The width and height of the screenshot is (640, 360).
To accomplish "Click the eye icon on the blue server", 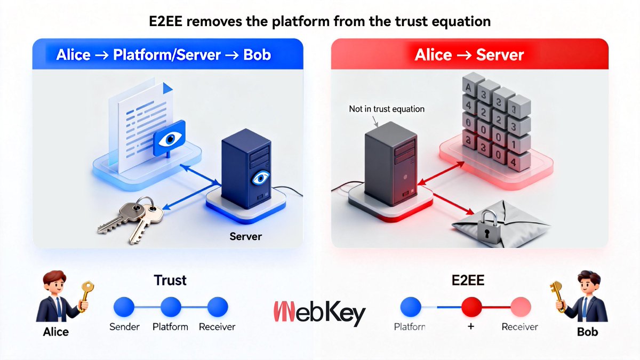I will coord(260,178).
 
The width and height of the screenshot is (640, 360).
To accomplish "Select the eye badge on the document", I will coord(169,139).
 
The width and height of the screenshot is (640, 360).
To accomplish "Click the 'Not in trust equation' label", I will coord(387,109).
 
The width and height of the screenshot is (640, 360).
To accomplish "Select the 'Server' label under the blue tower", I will coord(245,236).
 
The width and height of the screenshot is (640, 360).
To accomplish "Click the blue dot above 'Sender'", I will coord(125,307).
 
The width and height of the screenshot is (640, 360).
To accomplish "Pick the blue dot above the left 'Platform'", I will coord(171,307).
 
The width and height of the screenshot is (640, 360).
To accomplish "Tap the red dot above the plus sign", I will coord(471,307).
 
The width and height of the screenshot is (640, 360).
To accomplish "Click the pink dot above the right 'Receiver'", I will coord(520,307).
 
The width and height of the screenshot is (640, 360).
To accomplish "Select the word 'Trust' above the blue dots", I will coord(170,280).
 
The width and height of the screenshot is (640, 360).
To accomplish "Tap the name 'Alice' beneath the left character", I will coord(55,332).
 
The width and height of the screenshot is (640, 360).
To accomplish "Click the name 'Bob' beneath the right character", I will coord(587,332).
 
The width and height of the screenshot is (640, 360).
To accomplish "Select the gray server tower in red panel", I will coord(390,160).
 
